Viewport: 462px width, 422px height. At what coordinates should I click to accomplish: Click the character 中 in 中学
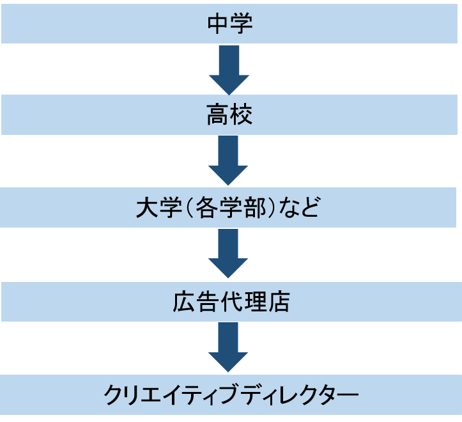click(x=219, y=24)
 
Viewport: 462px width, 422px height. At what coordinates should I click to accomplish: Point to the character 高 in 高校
click(x=219, y=116)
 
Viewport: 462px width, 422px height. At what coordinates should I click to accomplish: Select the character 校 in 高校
click(x=242, y=116)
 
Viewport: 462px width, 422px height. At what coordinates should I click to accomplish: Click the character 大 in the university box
click(x=148, y=208)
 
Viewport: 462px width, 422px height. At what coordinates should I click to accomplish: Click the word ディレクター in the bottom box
click(x=298, y=395)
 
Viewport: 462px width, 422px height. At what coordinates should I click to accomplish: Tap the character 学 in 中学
click(x=242, y=24)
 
